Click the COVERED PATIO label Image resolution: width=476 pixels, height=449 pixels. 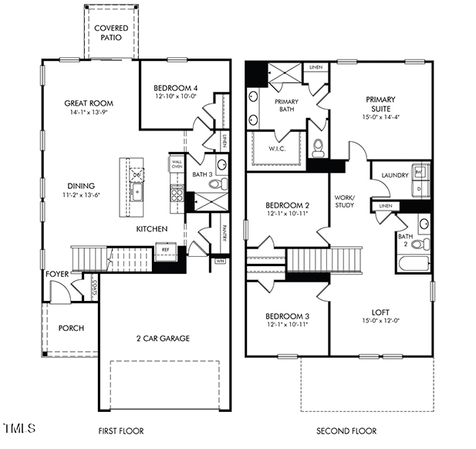tap(111, 32)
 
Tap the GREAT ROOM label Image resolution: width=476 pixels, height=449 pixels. tap(89, 103)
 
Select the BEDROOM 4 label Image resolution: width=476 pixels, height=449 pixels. tap(175, 88)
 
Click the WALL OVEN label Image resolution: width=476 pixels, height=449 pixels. tap(177, 163)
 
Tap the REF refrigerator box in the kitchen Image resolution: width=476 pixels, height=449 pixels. tap(164, 249)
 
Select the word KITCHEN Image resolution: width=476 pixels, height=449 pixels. tap(152, 230)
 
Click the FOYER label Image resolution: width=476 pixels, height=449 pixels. tap(58, 274)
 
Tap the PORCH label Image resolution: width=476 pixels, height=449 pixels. tap(71, 328)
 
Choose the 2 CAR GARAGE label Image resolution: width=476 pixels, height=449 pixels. tap(163, 338)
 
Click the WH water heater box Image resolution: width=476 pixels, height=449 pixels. tap(220, 261)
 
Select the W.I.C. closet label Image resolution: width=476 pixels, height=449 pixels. tap(277, 148)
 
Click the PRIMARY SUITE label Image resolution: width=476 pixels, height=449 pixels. tap(380, 103)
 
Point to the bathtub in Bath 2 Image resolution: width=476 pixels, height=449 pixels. tap(415, 264)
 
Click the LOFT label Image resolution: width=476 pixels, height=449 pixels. tap(380, 312)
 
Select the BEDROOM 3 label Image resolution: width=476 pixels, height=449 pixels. tap(287, 316)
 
